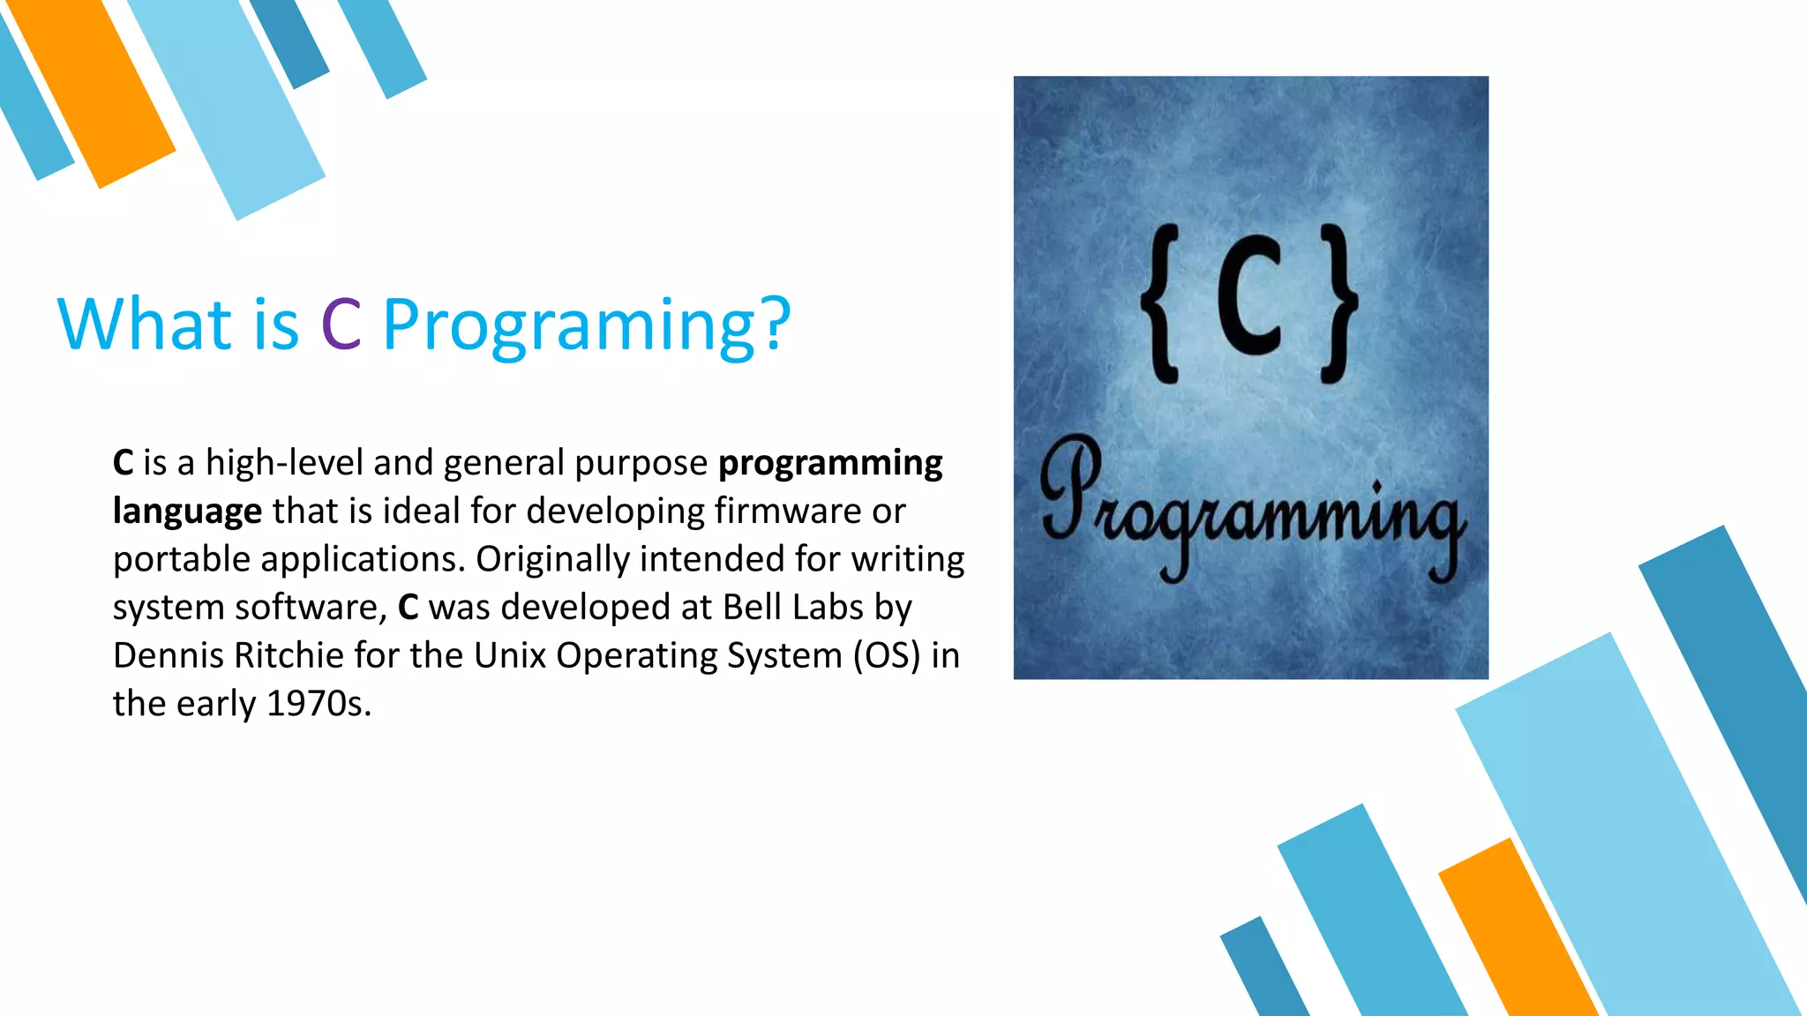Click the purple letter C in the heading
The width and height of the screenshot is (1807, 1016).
coord(341,325)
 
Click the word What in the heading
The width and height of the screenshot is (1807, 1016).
coord(144,325)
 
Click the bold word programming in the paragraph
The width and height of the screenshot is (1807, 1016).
coord(829,464)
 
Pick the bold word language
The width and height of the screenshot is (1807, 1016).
coord(187,512)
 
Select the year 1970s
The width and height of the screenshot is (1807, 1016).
coord(318,704)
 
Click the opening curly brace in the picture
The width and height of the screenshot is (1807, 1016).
coord(1161,303)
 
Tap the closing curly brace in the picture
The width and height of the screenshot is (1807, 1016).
coord(1338,303)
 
